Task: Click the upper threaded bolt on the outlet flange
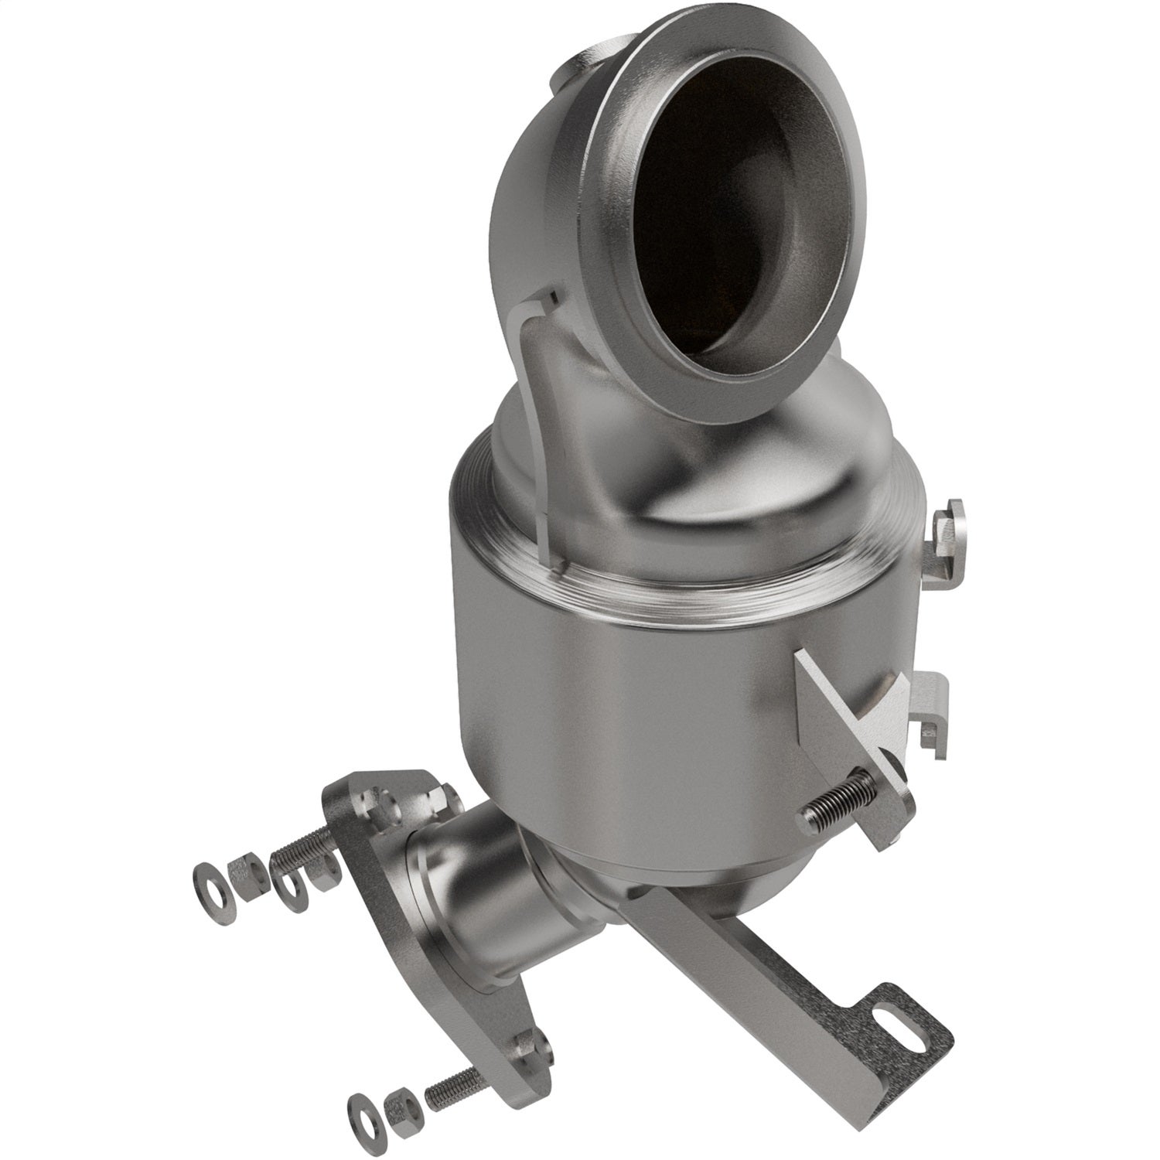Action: pos(309,851)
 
